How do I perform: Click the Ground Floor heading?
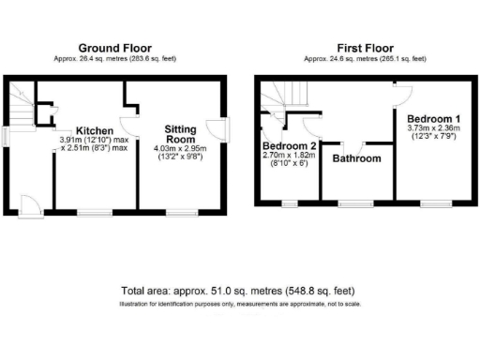[x=114, y=48]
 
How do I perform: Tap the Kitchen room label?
[x=95, y=130]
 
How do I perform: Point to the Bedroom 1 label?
[x=433, y=119]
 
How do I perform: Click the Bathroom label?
[x=357, y=158]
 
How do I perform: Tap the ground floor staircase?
[x=22, y=105]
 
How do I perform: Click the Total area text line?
[x=239, y=291]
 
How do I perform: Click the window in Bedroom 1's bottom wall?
[x=433, y=202]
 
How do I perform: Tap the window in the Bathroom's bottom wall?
[x=353, y=202]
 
